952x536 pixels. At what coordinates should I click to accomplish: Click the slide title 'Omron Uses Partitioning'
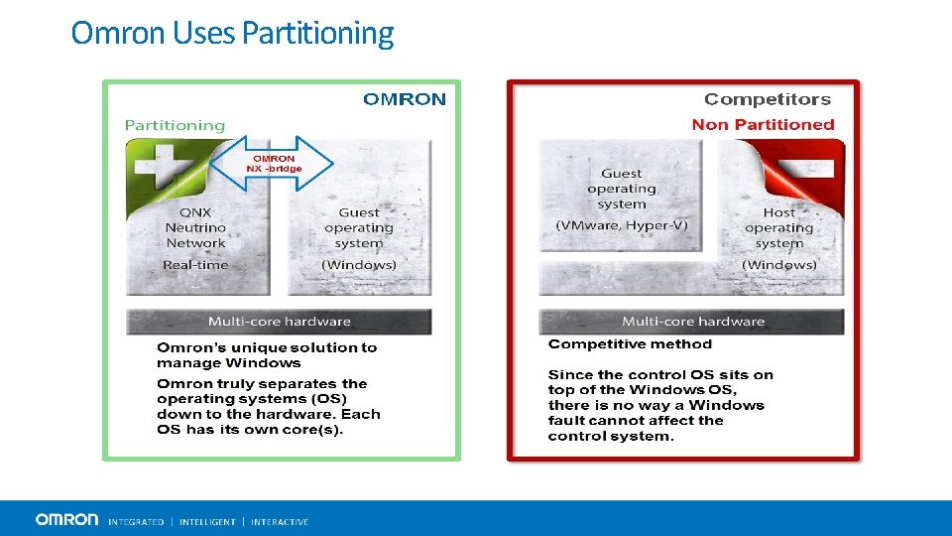[232, 34]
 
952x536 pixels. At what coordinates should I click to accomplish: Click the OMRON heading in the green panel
[405, 99]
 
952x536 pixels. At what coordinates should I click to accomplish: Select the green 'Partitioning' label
[175, 125]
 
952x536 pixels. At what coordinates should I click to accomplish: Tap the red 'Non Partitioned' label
[763, 125]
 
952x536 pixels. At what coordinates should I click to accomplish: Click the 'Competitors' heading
[767, 99]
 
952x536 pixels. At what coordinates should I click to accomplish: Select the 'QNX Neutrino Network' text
[195, 227]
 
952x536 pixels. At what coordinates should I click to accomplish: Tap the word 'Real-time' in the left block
[195, 265]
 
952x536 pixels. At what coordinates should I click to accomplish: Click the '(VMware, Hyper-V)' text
[622, 225]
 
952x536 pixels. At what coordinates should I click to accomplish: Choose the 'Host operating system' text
[779, 227]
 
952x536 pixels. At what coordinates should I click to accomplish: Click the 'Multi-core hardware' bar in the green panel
[279, 322]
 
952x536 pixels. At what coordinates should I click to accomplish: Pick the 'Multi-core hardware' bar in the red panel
[692, 322]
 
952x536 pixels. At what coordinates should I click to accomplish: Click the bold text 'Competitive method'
[630, 344]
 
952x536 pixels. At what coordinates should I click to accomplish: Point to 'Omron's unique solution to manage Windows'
[267, 355]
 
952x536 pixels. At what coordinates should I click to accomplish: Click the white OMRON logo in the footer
[66, 520]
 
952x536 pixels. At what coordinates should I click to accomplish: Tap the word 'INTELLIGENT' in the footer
[207, 522]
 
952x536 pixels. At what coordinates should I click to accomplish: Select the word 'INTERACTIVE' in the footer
[280, 522]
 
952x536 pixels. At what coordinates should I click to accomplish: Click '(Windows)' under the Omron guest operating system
[359, 265]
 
